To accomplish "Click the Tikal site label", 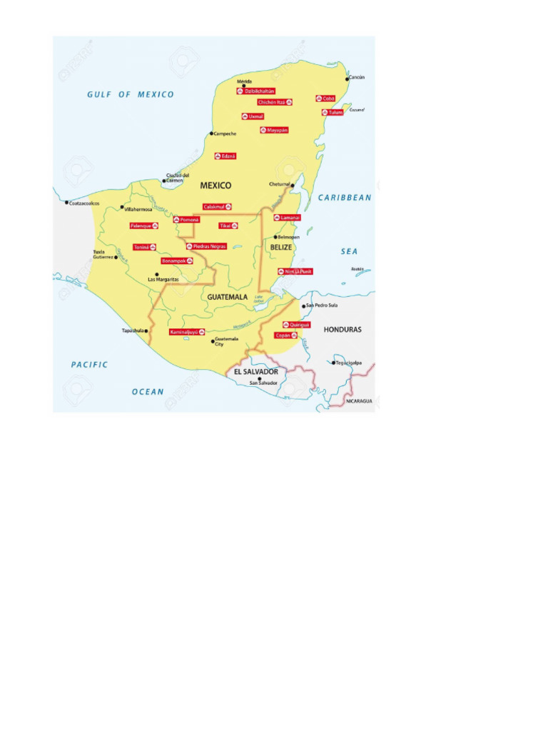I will (228, 226).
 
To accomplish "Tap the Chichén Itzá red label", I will (275, 102).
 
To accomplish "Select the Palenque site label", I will (144, 226).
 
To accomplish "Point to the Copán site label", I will (285, 335).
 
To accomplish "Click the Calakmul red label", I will (218, 206).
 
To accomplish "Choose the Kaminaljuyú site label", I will (187, 332).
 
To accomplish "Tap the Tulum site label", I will (333, 113).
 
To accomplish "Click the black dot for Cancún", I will (347, 77).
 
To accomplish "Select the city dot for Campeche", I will (211, 133).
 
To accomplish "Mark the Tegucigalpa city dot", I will (333, 363).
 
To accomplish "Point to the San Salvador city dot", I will (259, 378).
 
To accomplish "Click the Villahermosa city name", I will (138, 209).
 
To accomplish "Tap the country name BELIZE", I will (281, 247).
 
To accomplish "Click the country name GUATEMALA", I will (228, 296).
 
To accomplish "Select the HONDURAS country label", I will (342, 330).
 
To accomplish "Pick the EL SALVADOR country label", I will (255, 372).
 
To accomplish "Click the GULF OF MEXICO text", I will (131, 94).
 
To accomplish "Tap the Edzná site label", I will (225, 156).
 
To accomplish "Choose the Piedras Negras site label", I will (206, 246).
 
